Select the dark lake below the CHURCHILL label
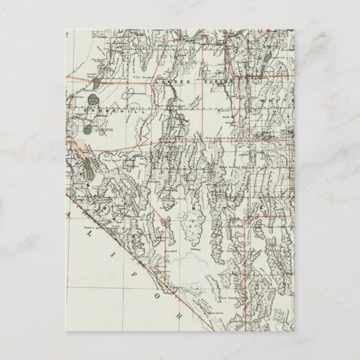click(x=88, y=129)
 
